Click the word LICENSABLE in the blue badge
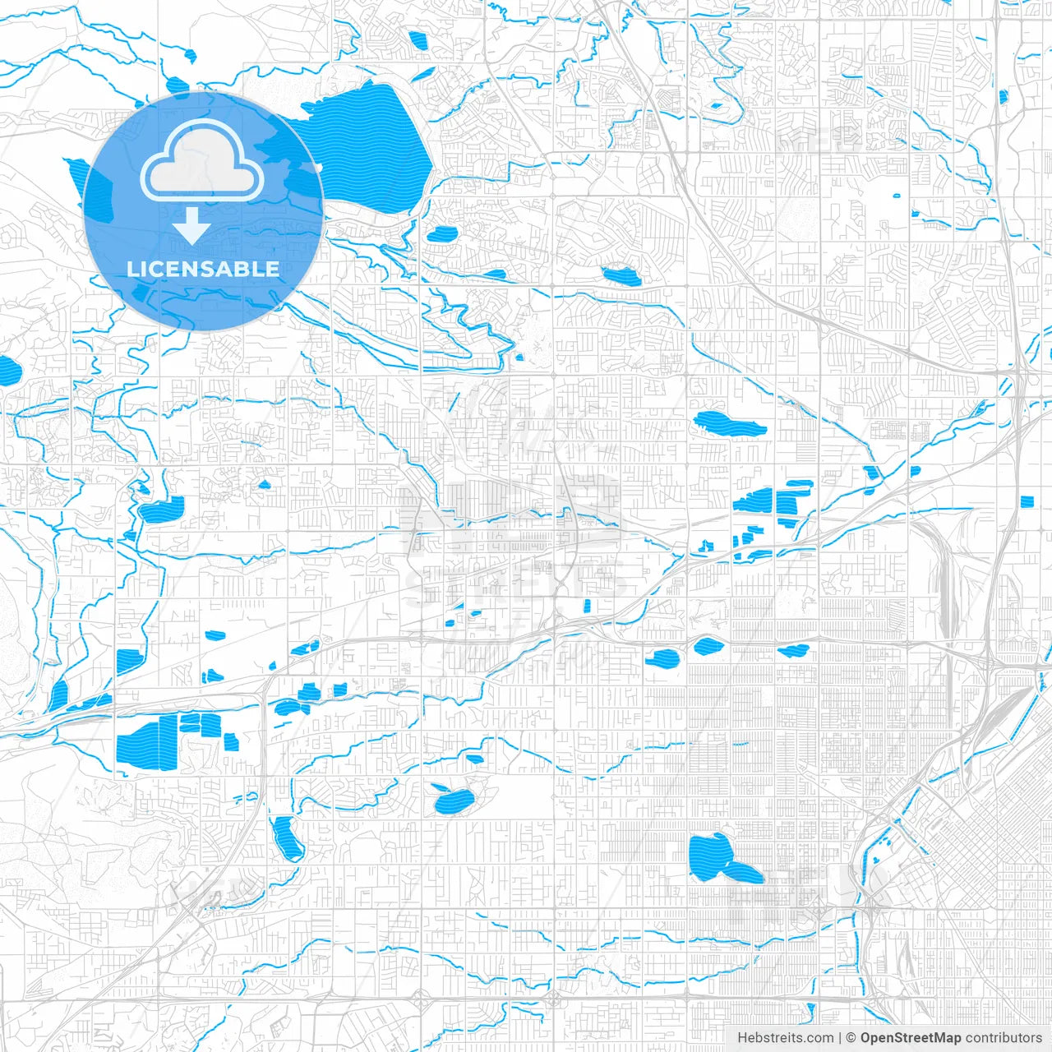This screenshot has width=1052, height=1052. [x=203, y=269]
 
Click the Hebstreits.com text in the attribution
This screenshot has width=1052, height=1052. [x=785, y=1038]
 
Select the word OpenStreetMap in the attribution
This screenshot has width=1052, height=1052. [x=910, y=1038]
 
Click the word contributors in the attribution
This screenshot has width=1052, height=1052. [x=1004, y=1038]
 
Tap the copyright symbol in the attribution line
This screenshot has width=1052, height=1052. [x=851, y=1038]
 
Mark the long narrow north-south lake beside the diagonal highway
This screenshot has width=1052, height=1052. [x=286, y=838]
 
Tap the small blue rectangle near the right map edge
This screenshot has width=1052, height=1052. [x=1027, y=501]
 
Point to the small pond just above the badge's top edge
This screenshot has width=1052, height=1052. [x=178, y=85]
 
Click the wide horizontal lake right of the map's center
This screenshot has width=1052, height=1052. [x=729, y=425]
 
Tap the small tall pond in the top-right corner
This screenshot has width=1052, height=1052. [x=1004, y=97]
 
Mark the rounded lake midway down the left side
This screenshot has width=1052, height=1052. [x=163, y=510]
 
